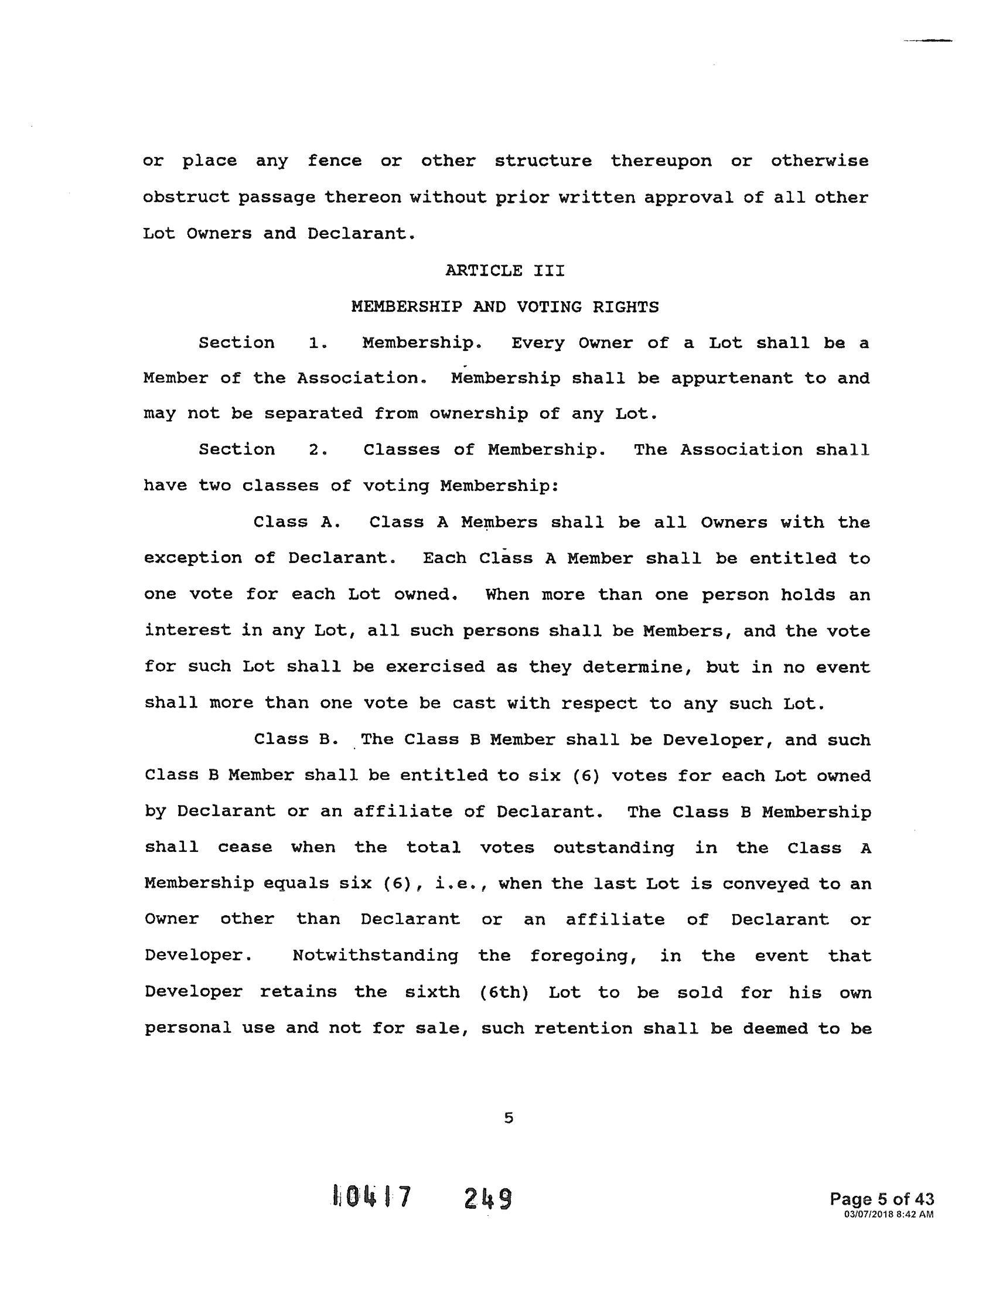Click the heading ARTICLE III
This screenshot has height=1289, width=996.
[504, 271]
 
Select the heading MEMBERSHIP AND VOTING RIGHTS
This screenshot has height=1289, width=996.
[504, 307]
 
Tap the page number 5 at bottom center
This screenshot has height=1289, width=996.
[509, 1118]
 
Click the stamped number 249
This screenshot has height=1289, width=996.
[487, 1199]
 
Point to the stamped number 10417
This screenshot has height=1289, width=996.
[371, 1198]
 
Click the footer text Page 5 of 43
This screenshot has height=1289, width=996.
[882, 1199]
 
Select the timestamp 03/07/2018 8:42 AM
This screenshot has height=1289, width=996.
[889, 1214]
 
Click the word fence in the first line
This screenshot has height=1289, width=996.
[335, 161]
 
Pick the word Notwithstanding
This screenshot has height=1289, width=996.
[376, 956]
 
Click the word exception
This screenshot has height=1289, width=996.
[193, 558]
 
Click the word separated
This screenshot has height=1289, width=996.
[313, 413]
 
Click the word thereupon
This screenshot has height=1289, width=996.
[661, 161]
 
